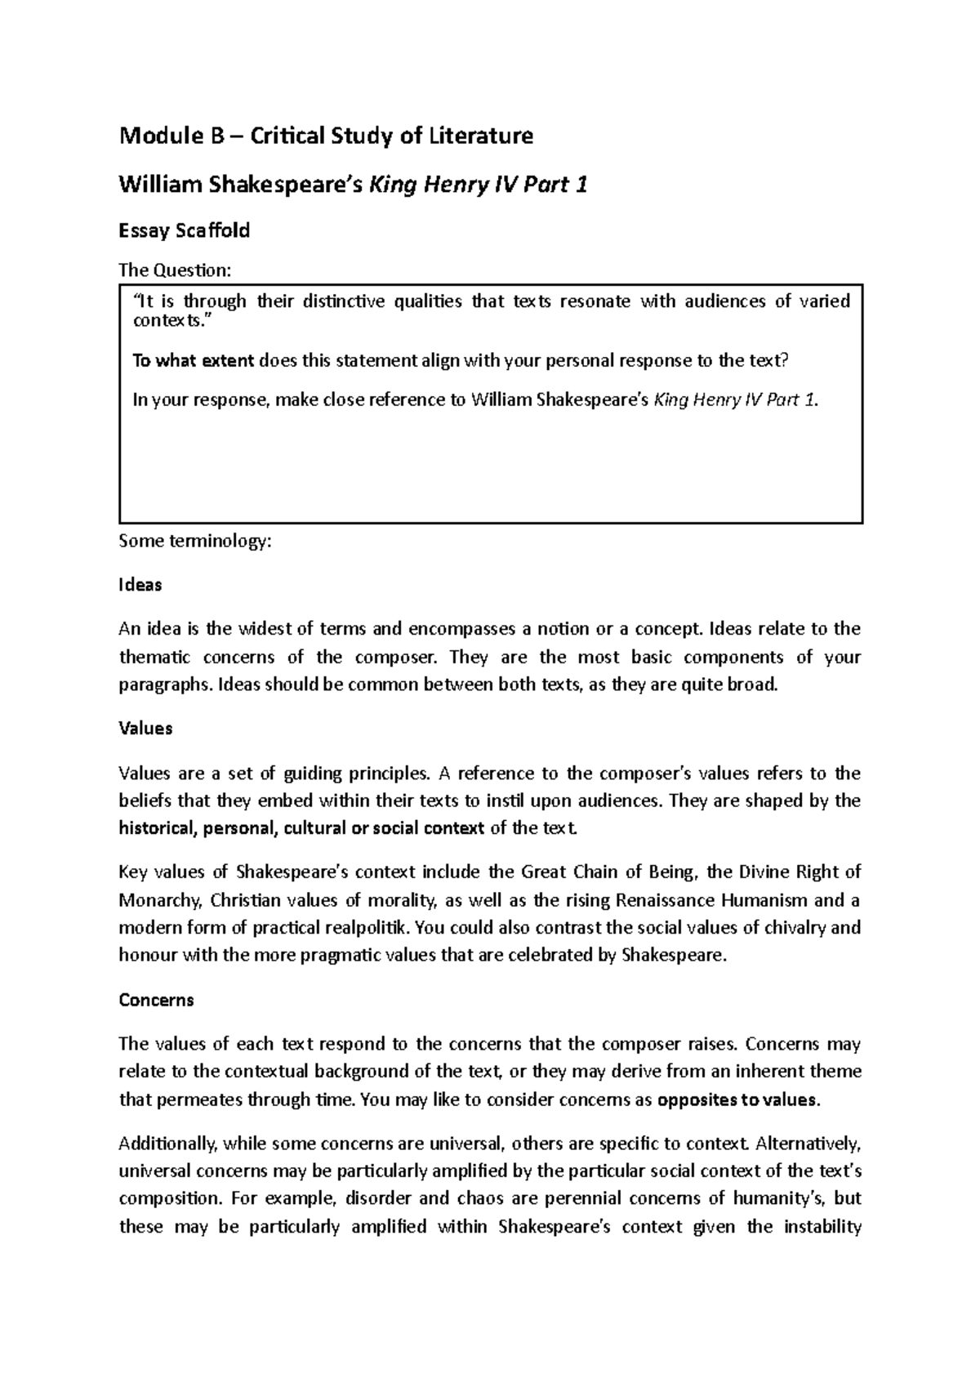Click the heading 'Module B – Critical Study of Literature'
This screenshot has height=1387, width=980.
click(x=326, y=136)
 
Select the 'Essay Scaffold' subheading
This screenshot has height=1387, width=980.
click(x=185, y=231)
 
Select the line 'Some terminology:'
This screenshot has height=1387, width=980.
click(x=194, y=541)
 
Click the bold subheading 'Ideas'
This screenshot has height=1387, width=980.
click(x=140, y=585)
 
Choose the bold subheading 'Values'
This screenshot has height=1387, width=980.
click(x=145, y=729)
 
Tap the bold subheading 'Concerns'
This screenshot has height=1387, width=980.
click(x=156, y=1000)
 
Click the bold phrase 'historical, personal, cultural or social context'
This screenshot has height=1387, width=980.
click(x=301, y=828)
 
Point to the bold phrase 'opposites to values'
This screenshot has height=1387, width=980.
click(x=736, y=1099)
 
